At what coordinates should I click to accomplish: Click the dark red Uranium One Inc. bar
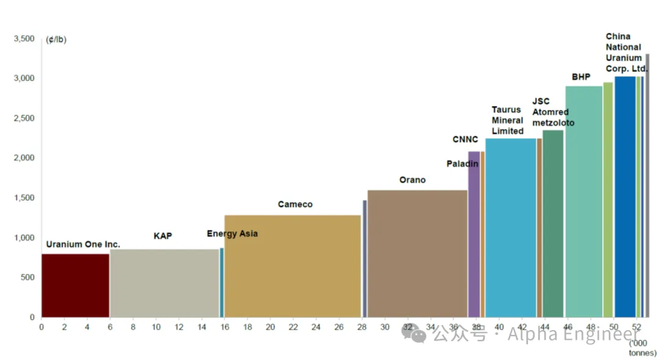pyautogui.click(x=75, y=285)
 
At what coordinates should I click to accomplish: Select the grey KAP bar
pyautogui.click(x=164, y=283)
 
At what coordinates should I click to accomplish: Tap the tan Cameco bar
pyautogui.click(x=293, y=266)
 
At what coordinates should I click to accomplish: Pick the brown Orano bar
pyautogui.click(x=417, y=254)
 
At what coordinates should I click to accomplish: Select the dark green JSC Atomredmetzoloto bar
pyautogui.click(x=553, y=223)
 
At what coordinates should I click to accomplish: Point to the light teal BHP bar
pyautogui.click(x=584, y=202)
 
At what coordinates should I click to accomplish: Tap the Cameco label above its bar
pyautogui.click(x=295, y=204)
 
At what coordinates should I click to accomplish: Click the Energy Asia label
pyautogui.click(x=232, y=233)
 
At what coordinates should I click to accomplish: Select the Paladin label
pyautogui.click(x=462, y=164)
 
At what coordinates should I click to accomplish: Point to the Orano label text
pyautogui.click(x=413, y=180)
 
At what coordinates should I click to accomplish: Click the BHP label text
pyautogui.click(x=581, y=77)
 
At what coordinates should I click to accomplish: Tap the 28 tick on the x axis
pyautogui.click(x=362, y=327)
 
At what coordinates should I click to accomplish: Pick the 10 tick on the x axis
pyautogui.click(x=156, y=327)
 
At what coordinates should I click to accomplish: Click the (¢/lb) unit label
pyautogui.click(x=56, y=40)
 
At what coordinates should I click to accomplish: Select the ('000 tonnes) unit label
pyautogui.click(x=642, y=348)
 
